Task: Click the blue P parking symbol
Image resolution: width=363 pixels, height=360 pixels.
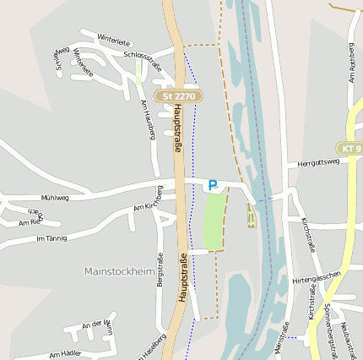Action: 213,184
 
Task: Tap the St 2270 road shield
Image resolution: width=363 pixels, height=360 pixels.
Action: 177,96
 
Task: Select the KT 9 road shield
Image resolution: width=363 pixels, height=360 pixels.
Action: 349,149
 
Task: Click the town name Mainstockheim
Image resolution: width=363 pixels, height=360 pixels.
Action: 120,271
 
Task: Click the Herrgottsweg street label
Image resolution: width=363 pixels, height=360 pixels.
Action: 318,162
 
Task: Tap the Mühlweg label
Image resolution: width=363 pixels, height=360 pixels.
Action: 55,197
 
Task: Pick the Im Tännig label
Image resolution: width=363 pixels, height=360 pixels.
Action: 51,239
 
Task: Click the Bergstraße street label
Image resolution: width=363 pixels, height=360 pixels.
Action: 160,291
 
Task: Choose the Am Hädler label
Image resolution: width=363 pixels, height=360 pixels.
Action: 65,354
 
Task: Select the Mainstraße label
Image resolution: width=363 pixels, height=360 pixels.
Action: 282,338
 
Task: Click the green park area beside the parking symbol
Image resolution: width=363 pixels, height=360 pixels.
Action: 214,221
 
